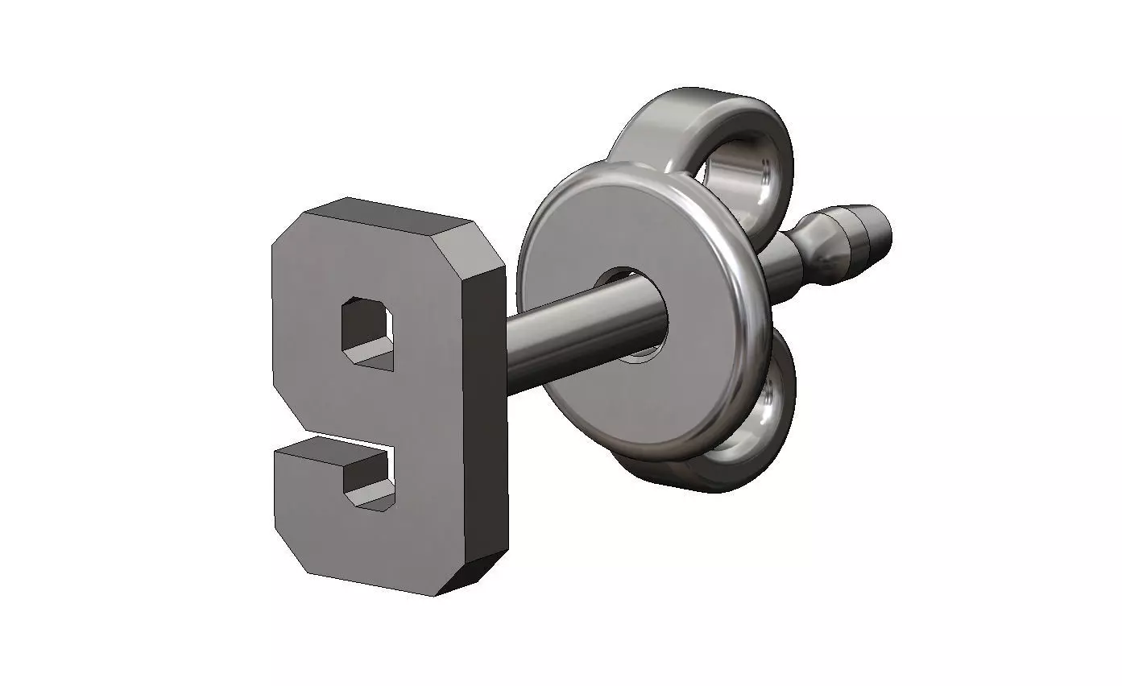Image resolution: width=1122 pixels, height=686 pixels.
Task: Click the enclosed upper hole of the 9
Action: [368, 329]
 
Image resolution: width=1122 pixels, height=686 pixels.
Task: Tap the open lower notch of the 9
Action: [370, 478]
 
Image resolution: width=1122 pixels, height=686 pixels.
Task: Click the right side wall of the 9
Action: [485, 419]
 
